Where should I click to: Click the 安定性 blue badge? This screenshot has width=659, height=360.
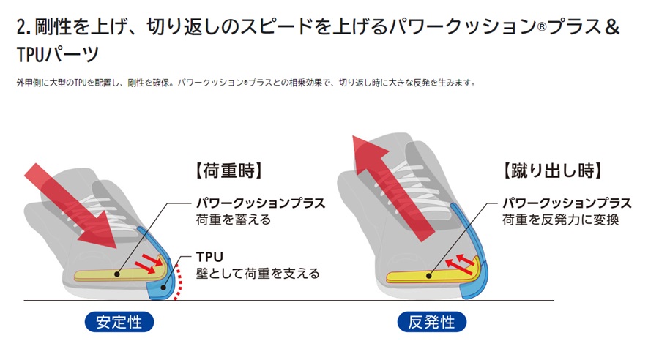[119, 322]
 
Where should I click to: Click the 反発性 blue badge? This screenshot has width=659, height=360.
[431, 322]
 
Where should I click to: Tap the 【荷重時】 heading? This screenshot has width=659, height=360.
[229, 170]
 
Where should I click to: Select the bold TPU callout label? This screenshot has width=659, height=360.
[209, 257]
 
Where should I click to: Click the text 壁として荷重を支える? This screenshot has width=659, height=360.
[258, 274]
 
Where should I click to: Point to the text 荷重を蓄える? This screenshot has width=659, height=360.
[234, 220]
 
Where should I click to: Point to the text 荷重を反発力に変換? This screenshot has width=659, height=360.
[560, 220]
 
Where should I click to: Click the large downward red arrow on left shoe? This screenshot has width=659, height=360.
[72, 206]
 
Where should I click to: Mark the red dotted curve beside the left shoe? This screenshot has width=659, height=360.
[179, 282]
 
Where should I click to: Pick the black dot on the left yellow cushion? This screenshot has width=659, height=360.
[117, 274]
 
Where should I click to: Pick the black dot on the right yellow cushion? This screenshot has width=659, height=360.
[428, 276]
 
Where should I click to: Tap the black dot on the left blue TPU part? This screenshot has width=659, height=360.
[164, 288]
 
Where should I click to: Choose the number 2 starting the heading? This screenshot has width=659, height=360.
[21, 27]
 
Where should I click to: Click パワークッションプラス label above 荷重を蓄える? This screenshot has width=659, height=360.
[261, 203]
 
